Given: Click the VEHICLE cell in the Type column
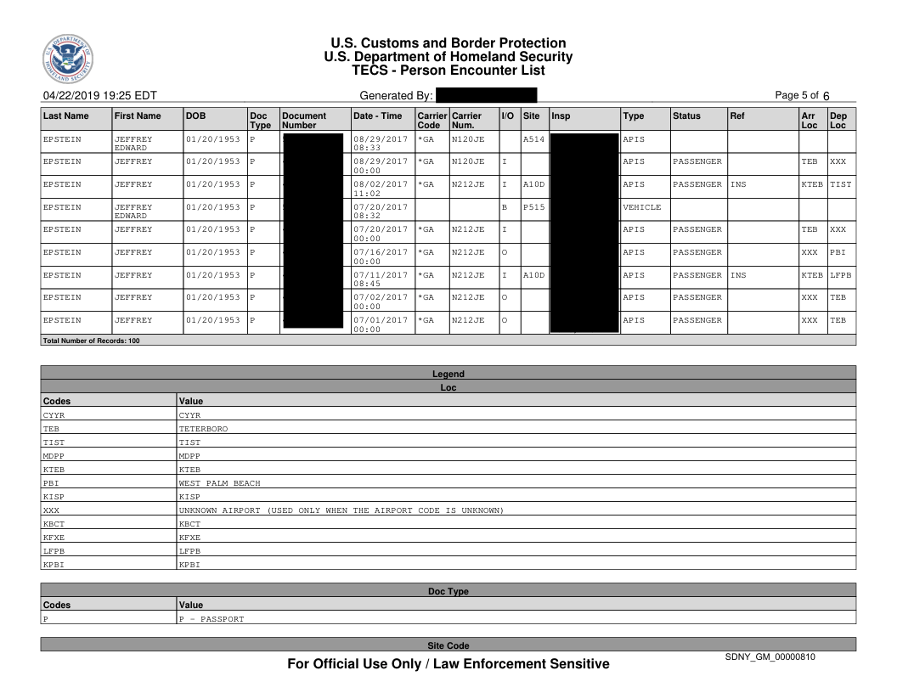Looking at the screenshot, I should [641, 206].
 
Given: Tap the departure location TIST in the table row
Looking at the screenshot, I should [840, 183].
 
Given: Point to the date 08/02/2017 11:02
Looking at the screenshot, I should [380, 183].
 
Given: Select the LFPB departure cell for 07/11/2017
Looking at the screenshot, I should [840, 275].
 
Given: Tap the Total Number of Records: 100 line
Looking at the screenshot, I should [90, 341].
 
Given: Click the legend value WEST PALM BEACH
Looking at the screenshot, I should [219, 483].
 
